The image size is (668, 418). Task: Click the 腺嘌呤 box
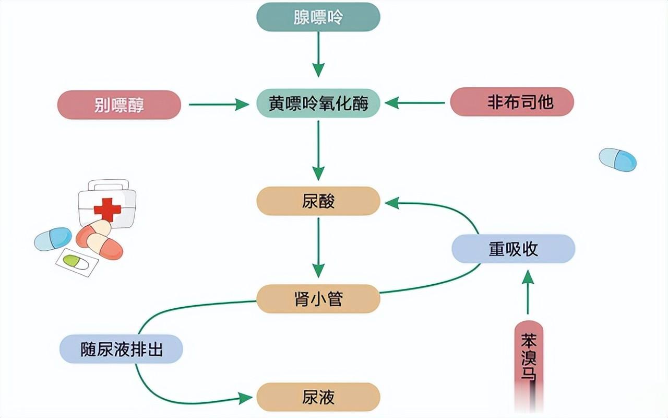pos(318,17)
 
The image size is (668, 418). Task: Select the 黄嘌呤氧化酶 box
pos(318,103)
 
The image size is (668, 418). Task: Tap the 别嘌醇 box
pos(119,105)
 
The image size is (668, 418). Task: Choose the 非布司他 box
pos(512,102)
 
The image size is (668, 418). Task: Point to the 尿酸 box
pos(318,201)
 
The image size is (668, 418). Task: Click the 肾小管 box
pos(318,299)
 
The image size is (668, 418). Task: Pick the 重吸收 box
pos(513,249)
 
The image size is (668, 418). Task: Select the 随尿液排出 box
pos(121,349)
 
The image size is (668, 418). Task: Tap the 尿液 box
pos(318,397)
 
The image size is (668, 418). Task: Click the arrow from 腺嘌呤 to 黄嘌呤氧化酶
pos(318,54)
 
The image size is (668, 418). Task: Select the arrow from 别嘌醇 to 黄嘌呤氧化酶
pos(219,104)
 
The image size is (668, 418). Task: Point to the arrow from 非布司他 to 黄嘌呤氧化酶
pos(415,103)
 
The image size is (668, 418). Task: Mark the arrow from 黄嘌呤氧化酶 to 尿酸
pos(318,150)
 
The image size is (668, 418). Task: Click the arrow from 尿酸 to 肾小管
pos(318,248)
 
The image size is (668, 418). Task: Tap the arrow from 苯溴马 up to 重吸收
pos(528,292)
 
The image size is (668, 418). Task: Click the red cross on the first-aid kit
pos(108,210)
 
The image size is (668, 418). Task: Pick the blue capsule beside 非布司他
pos(617,160)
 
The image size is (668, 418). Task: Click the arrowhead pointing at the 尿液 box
pos(246,398)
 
